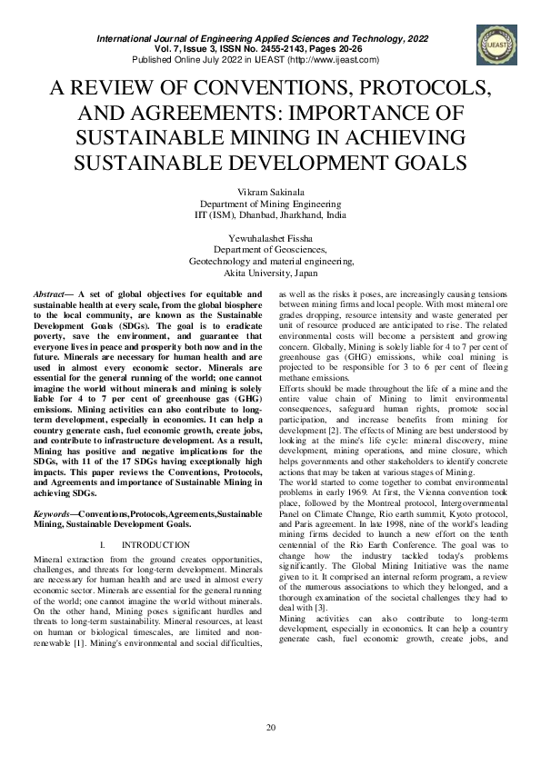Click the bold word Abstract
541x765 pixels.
[47, 295]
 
